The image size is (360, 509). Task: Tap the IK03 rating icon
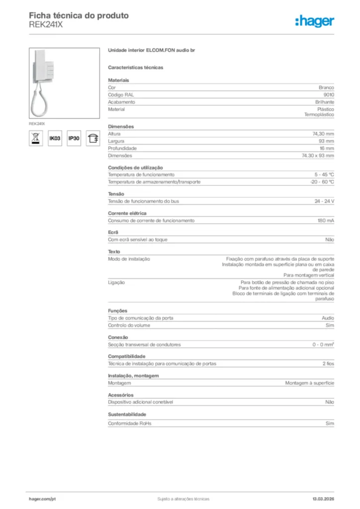click(x=54, y=138)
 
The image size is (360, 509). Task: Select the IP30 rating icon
click(x=74, y=138)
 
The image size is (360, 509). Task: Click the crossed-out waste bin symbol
click(x=36, y=138)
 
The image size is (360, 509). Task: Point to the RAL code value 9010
click(x=329, y=94)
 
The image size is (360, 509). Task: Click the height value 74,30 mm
click(x=323, y=134)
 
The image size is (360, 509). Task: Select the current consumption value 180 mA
click(x=326, y=220)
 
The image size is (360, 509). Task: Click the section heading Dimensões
click(x=121, y=126)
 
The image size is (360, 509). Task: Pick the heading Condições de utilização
click(x=135, y=168)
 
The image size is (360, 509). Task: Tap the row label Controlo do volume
click(x=129, y=325)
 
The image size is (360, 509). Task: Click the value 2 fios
click(x=328, y=363)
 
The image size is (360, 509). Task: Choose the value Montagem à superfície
click(x=309, y=383)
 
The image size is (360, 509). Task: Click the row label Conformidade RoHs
click(x=130, y=424)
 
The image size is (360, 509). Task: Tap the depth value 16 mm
click(x=327, y=148)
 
